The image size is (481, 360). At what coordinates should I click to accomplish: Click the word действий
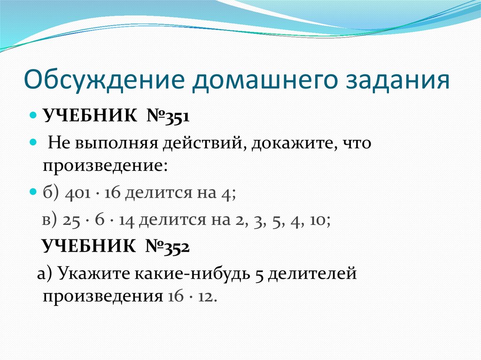(x=203, y=142)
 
